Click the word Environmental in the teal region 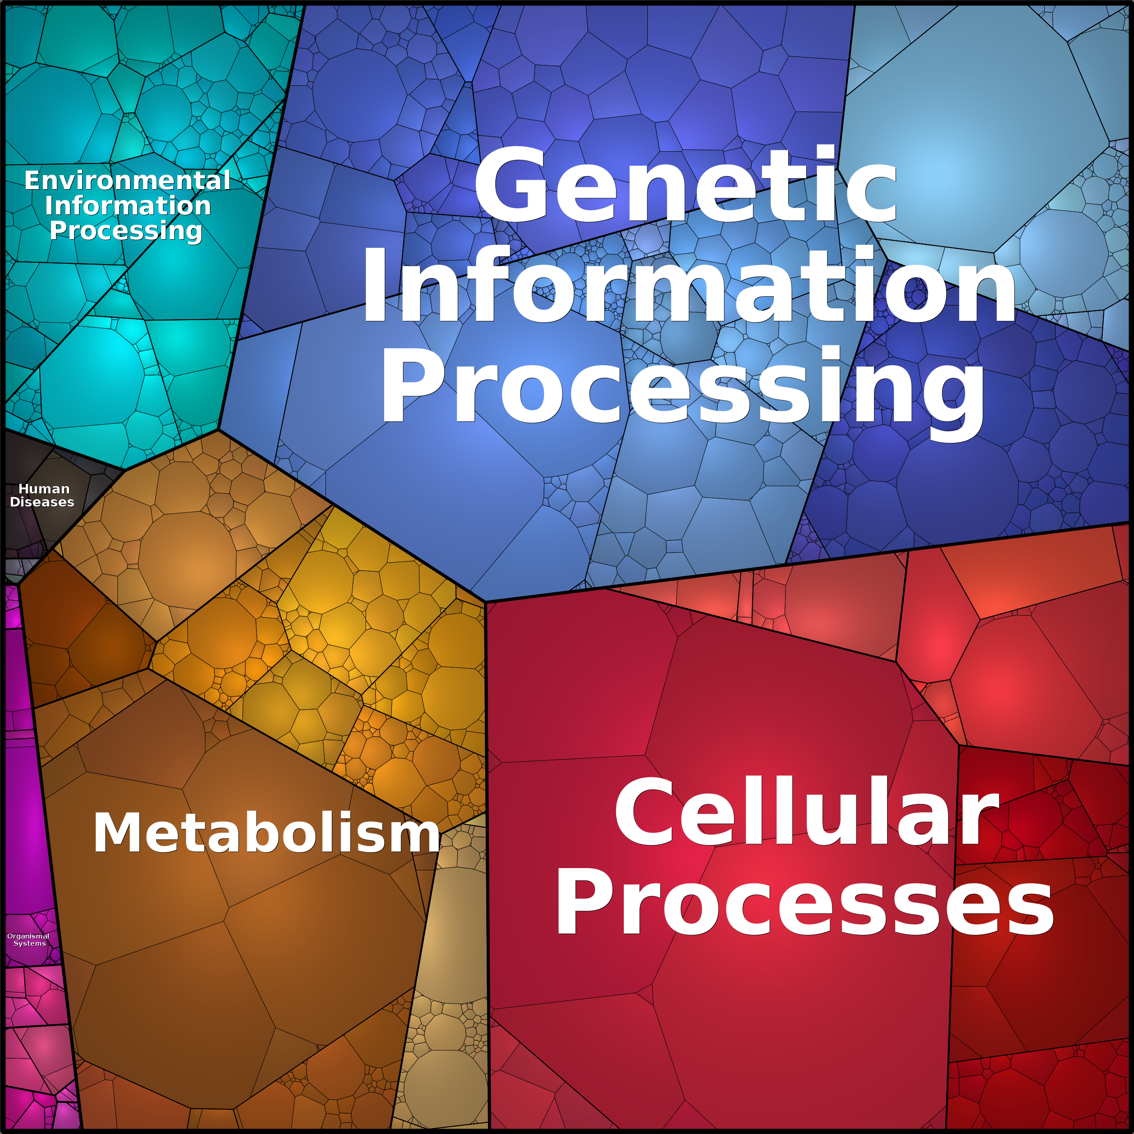[127, 180]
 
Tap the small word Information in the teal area [128, 205]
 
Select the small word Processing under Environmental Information [126, 231]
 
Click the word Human [44, 489]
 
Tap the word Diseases [42, 502]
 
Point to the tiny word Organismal [28, 936]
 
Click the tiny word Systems [30, 943]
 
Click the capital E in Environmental [33, 180]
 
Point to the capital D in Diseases [16, 502]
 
